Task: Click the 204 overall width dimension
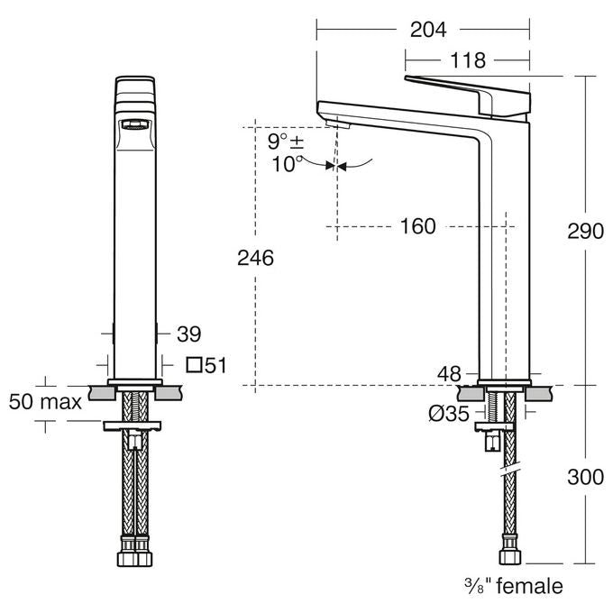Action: point(428,30)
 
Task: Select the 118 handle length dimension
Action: point(468,60)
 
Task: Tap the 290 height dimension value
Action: point(585,231)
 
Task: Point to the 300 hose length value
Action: point(585,477)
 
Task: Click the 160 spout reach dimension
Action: point(418,226)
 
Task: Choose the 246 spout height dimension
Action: point(255,258)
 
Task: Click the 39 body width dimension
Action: point(188,334)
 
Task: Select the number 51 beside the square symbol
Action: point(215,365)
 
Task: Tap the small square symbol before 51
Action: point(194,365)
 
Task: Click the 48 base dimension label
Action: point(449,374)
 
